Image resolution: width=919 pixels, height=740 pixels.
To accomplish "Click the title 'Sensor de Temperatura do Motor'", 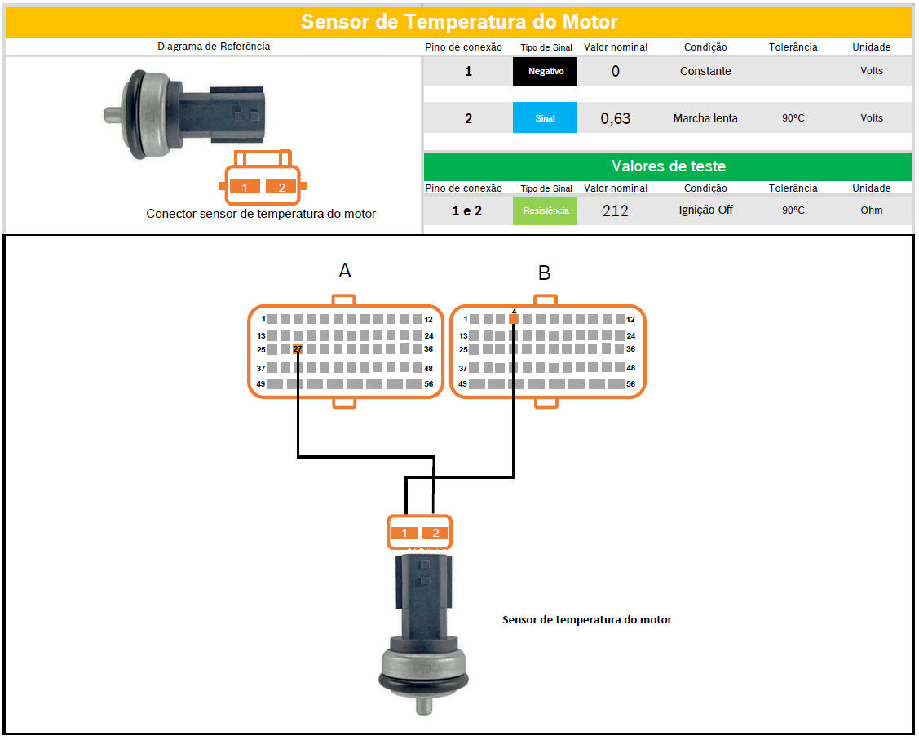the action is coord(459,22).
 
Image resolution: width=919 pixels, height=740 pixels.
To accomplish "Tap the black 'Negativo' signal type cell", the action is coord(545,71).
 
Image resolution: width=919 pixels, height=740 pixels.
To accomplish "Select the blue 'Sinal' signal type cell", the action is coord(545,117).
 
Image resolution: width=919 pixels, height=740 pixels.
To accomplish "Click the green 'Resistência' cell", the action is coord(545,210).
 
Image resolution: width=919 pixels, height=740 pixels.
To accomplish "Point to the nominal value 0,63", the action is coord(616,118).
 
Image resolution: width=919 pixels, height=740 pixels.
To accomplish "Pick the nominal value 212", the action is coord(616,210).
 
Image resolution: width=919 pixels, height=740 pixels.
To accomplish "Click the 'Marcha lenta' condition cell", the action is coord(705,118).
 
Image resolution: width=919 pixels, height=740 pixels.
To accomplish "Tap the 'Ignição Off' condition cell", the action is coord(705,210).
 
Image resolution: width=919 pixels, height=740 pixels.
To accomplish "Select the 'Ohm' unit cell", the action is coord(872,210).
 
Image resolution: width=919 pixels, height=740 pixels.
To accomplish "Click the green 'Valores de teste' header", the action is coord(668,166).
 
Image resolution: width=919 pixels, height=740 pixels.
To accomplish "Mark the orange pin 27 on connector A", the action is coord(298,349).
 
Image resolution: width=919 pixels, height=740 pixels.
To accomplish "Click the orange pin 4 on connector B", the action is coord(514,319).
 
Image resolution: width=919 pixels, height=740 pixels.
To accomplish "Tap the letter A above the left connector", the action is coord(345,270).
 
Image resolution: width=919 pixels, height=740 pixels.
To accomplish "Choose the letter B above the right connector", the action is coord(544,273).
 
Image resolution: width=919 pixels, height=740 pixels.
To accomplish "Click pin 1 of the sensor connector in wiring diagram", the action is coord(404,533).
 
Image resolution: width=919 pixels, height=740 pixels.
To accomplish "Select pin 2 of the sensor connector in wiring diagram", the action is coord(435,533).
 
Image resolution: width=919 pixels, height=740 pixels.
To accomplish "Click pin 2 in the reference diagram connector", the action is coord(282,187).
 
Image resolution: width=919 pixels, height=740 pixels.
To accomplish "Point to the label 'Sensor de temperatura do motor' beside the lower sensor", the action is coord(586,620).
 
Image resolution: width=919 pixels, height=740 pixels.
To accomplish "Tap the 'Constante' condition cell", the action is coord(705,71).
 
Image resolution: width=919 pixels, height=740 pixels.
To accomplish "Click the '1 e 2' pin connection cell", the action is coord(467,210).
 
